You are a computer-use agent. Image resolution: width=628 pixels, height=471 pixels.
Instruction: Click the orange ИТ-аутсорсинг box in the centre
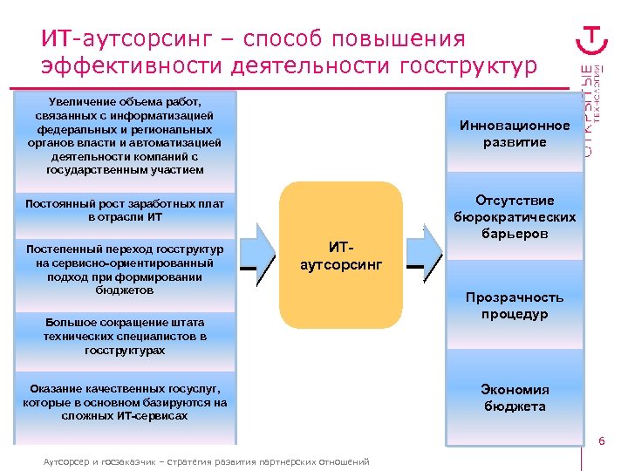(341, 254)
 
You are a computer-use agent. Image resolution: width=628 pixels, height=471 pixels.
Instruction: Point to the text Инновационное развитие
(514, 133)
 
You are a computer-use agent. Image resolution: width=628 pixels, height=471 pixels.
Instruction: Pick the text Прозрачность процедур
(514, 305)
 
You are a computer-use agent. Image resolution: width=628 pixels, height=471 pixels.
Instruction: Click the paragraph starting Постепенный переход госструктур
(126, 270)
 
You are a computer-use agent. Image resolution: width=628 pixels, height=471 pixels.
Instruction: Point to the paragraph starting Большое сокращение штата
(126, 336)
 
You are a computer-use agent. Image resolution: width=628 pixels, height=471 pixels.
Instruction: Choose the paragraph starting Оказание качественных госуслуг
(126, 401)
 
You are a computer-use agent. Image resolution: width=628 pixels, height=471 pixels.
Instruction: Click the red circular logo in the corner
(594, 38)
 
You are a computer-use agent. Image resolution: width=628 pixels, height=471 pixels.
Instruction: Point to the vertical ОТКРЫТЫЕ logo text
(592, 109)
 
